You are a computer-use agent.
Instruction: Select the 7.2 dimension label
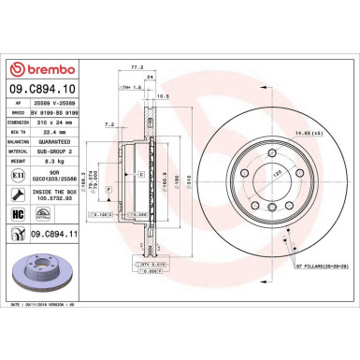[109, 122]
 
